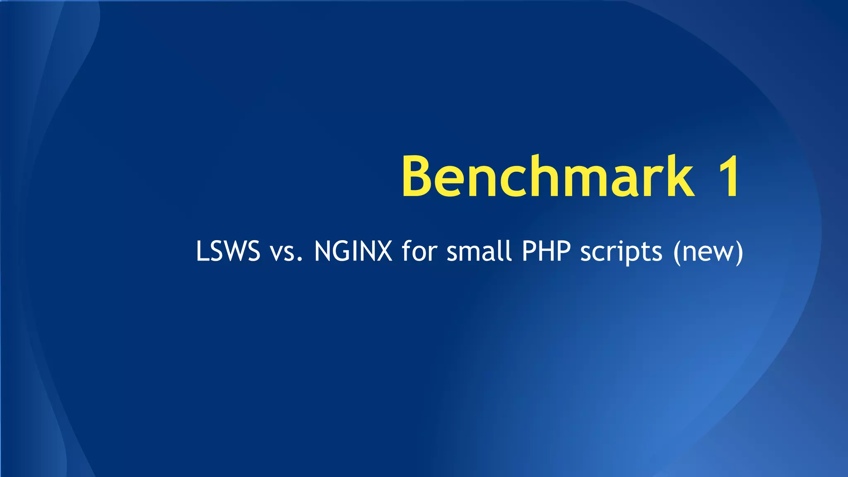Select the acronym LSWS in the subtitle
(228, 251)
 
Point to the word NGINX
(353, 251)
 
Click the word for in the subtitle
(419, 251)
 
